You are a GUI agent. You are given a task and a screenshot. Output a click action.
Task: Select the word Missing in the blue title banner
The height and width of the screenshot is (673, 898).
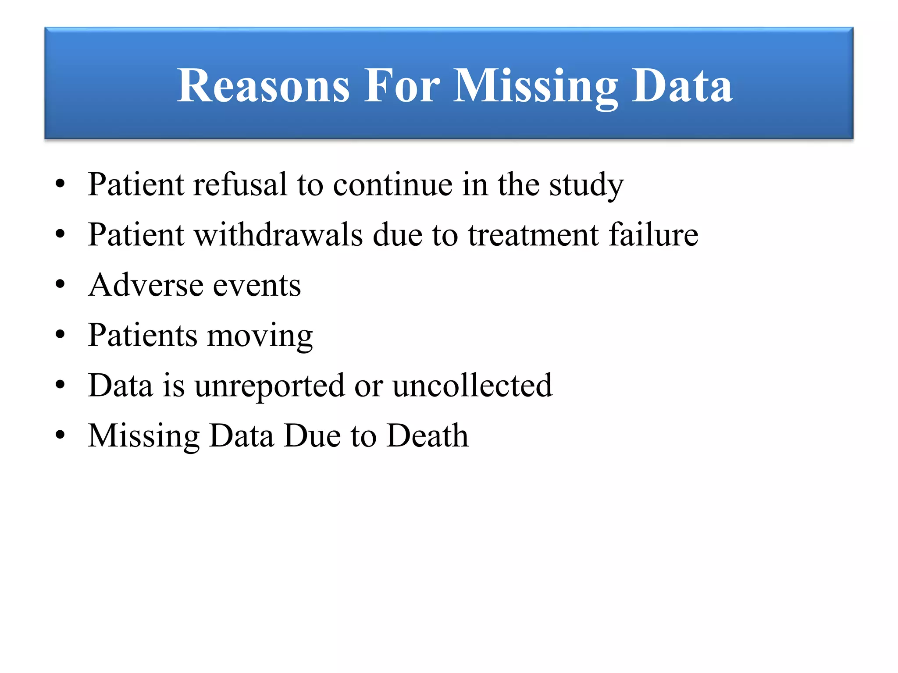[535, 87]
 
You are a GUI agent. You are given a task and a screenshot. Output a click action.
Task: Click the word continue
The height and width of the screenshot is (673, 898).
[392, 184]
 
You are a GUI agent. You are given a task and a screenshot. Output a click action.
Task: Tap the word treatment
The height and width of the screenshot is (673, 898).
[533, 235]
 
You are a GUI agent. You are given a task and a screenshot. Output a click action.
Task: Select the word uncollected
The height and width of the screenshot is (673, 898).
[472, 386]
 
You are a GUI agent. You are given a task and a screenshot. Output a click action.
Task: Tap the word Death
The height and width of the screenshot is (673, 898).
[428, 436]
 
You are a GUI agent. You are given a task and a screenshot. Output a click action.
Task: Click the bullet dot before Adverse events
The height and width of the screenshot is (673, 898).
[61, 284]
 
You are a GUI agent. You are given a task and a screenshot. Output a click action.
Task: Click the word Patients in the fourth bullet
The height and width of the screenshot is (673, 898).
[143, 335]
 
